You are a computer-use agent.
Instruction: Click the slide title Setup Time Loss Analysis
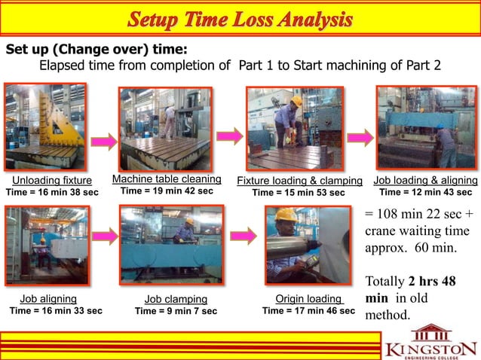(240, 20)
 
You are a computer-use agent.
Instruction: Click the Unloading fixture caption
(52, 181)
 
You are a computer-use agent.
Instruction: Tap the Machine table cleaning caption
(167, 179)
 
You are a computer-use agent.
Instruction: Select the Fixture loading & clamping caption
(299, 182)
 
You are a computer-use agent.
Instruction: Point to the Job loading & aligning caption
(425, 181)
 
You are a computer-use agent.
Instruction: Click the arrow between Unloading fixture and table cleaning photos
(108, 140)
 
